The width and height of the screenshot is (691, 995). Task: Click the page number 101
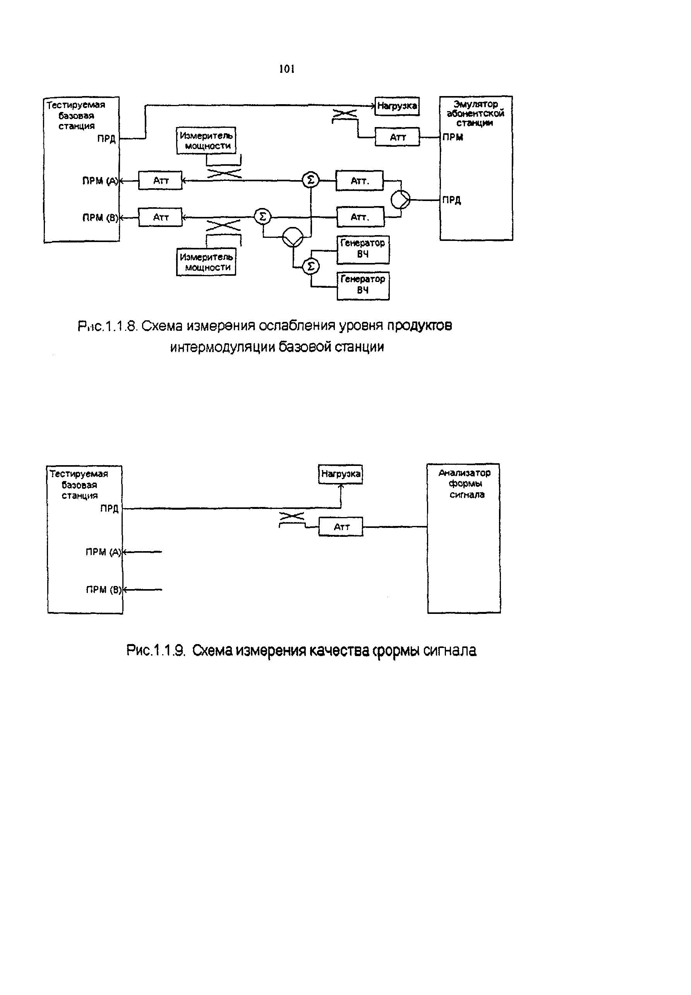pyautogui.click(x=286, y=69)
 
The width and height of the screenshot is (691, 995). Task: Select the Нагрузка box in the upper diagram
pyautogui.click(x=396, y=106)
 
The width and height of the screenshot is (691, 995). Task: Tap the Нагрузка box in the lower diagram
pyautogui.click(x=341, y=474)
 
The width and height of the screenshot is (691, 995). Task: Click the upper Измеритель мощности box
pyautogui.click(x=206, y=140)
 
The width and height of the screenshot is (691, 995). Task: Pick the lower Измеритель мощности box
pyautogui.click(x=206, y=262)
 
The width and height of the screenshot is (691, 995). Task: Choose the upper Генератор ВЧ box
pyautogui.click(x=363, y=249)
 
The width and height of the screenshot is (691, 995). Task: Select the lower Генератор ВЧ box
pyautogui.click(x=363, y=285)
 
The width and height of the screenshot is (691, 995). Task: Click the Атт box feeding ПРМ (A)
pyautogui.click(x=160, y=180)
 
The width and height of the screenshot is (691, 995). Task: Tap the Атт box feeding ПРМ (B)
pyautogui.click(x=160, y=217)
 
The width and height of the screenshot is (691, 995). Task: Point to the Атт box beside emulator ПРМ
pyautogui.click(x=397, y=137)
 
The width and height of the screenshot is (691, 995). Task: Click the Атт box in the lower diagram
pyautogui.click(x=341, y=527)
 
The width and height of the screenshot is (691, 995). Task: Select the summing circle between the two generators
pyautogui.click(x=310, y=267)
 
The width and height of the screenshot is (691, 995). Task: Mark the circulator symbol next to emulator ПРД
pyautogui.click(x=401, y=200)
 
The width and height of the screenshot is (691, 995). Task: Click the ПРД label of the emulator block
pyautogui.click(x=452, y=200)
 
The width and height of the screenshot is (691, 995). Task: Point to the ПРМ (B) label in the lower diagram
pyautogui.click(x=103, y=589)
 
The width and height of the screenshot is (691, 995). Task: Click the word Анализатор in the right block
pyautogui.click(x=464, y=473)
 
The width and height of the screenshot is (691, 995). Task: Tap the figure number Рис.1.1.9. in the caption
pyautogui.click(x=156, y=650)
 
